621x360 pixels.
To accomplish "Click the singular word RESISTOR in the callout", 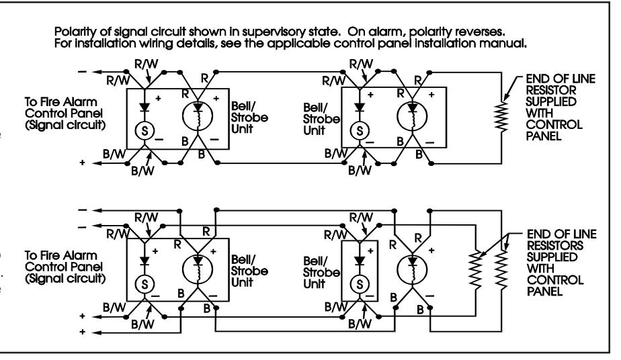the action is pos(551,90).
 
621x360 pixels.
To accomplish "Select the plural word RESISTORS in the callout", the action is pos(555,245).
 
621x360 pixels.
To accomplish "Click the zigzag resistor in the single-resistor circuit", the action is pos(501,117).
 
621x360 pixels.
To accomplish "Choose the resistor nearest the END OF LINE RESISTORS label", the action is pos(501,270).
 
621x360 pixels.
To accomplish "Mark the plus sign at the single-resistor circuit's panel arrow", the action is pos(82,163).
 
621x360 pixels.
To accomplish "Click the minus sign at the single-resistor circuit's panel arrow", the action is pos(83,72).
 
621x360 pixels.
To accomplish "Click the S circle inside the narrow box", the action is pos(359,284).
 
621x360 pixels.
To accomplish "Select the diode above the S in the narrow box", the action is pos(359,261).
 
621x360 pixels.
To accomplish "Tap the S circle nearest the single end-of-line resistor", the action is pos(359,130).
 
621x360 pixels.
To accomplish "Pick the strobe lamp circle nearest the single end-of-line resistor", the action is pos(412,116).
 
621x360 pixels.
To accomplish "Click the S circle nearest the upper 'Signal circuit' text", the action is pos(144,130).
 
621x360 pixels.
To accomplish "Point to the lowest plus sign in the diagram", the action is pos(82,332).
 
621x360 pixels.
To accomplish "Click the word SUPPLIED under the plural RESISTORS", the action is pos(552,257).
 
